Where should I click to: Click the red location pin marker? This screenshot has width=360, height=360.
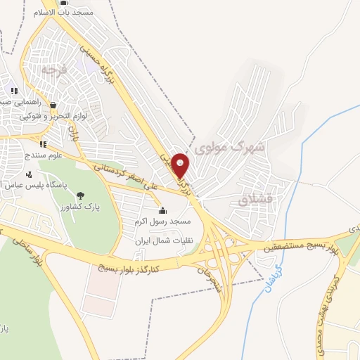(181, 165)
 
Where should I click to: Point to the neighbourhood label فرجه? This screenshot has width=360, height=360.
(53, 70)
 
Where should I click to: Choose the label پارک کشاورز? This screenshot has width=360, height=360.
(78, 207)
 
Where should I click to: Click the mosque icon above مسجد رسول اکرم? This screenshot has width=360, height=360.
(162, 210)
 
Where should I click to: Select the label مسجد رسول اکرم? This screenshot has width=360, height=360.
(163, 221)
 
